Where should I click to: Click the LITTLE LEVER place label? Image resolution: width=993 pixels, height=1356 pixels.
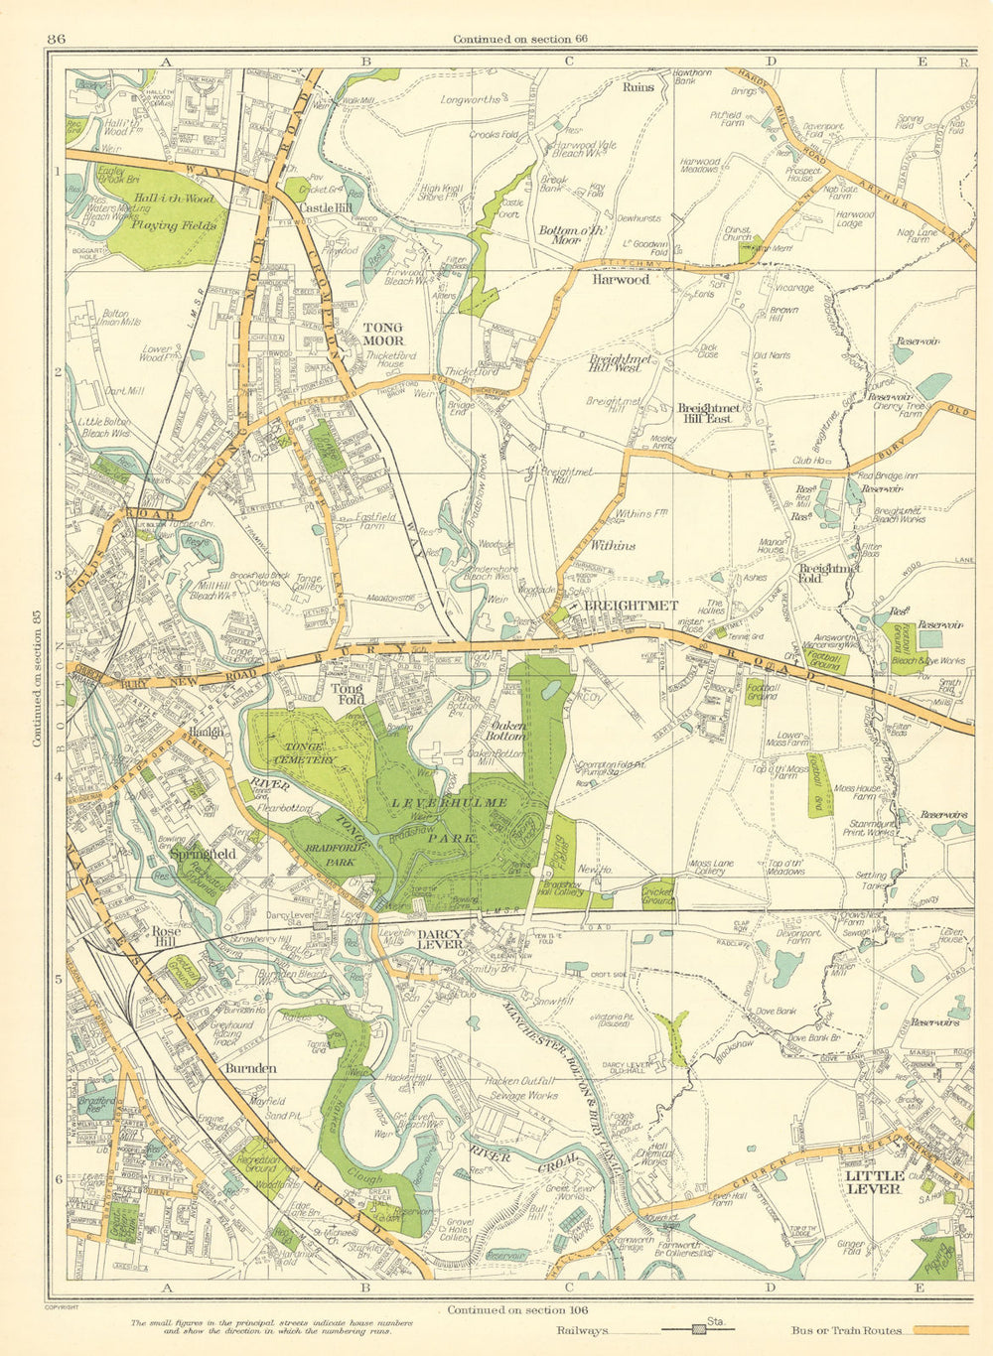(873, 1181)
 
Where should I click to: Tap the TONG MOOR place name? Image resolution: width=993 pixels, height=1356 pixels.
(382, 334)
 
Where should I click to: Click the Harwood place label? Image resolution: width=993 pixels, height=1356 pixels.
(621, 280)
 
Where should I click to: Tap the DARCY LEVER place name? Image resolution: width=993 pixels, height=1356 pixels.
(440, 939)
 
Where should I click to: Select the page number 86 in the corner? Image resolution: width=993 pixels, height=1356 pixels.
(56, 39)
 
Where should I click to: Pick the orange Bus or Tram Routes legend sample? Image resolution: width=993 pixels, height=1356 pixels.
(940, 1330)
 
